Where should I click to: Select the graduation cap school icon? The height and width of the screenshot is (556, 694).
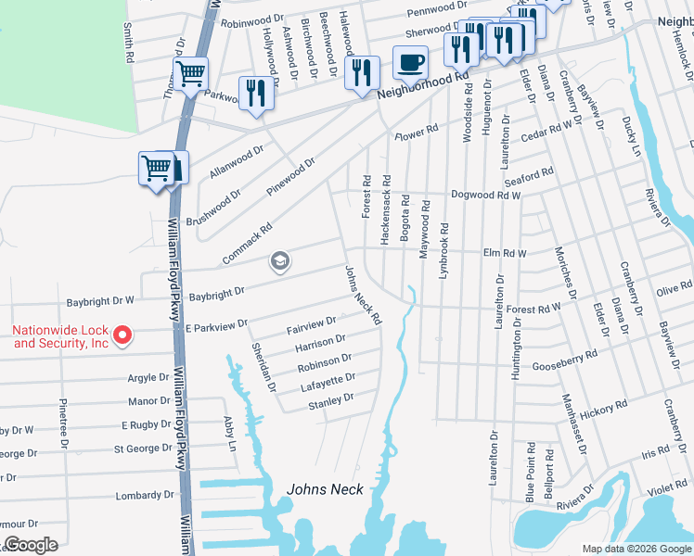[279, 262]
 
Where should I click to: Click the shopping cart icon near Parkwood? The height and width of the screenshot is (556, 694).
[190, 73]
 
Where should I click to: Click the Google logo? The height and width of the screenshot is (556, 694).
[31, 545]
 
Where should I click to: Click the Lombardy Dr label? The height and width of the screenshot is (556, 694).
[145, 495]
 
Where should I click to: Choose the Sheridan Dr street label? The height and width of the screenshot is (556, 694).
[263, 366]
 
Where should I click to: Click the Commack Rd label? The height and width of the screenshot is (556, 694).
[246, 243]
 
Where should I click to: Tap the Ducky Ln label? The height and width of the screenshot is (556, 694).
[636, 136]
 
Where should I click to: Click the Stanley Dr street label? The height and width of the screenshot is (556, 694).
[331, 399]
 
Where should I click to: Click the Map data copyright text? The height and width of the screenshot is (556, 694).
[636, 549]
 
